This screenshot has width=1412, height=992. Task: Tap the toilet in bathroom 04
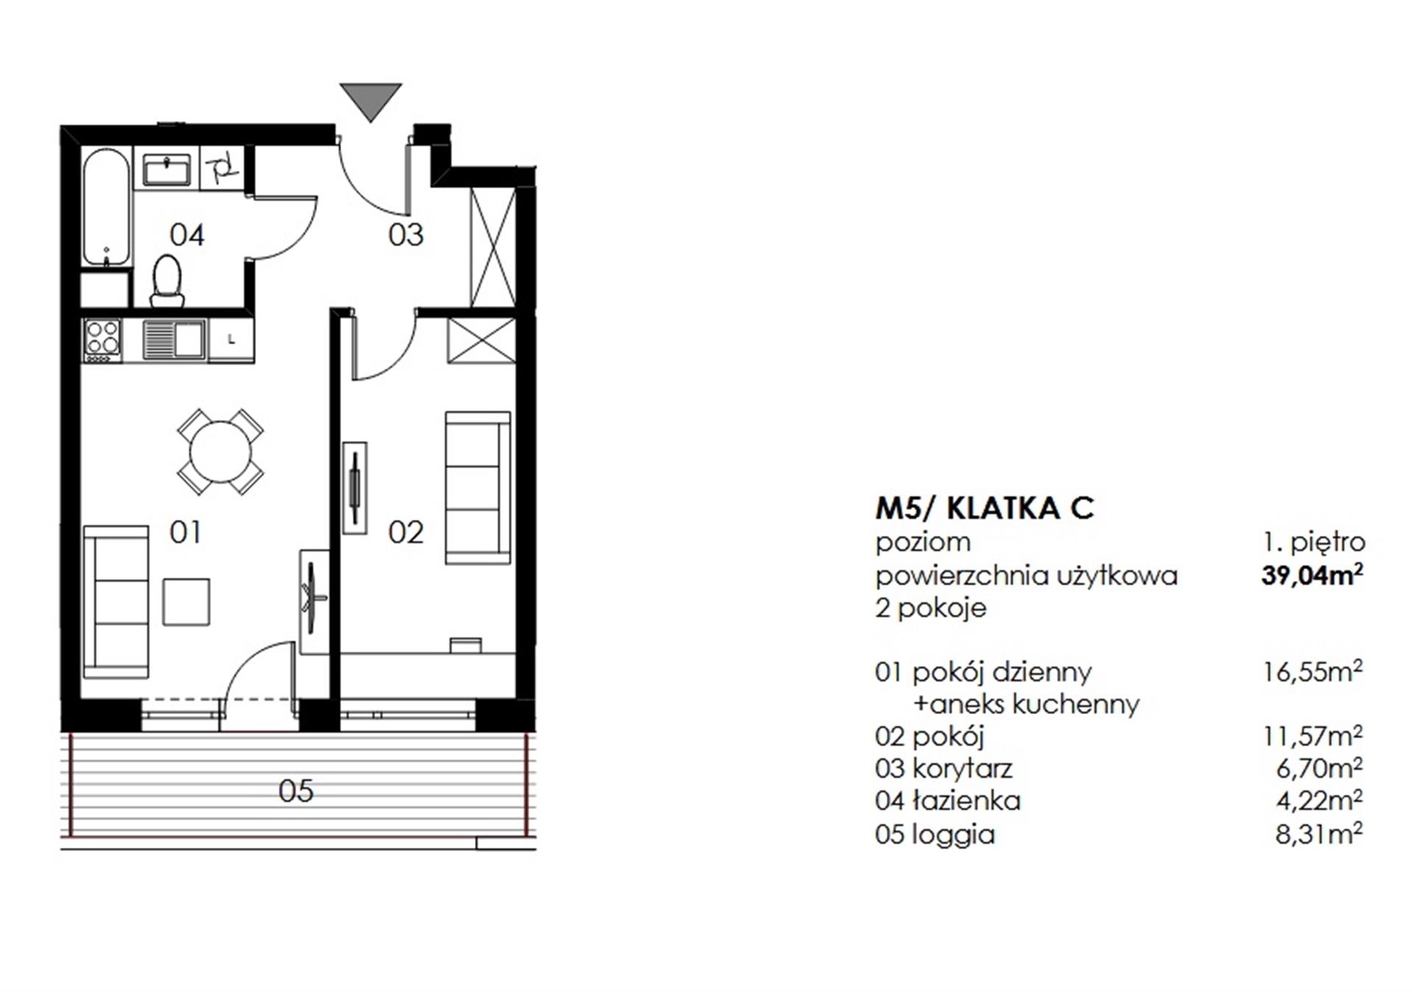(168, 281)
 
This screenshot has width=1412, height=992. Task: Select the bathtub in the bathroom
(107, 208)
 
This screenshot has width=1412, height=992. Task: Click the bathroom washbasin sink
(167, 170)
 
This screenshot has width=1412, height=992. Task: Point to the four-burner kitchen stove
(102, 340)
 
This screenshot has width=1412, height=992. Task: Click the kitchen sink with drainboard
(174, 340)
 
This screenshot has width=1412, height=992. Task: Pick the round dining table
(220, 452)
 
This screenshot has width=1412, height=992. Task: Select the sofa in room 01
(116, 602)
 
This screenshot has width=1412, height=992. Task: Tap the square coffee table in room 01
(186, 602)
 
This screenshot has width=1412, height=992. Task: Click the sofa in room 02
(478, 488)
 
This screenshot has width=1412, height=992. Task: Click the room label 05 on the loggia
(296, 791)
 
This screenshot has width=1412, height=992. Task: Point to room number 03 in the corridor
(406, 235)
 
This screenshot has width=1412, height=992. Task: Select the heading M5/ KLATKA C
(985, 508)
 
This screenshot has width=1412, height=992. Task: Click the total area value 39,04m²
(1312, 575)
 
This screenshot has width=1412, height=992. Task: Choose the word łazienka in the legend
(966, 800)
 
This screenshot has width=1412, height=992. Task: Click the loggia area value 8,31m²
(1319, 834)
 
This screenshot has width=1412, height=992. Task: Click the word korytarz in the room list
(962, 768)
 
